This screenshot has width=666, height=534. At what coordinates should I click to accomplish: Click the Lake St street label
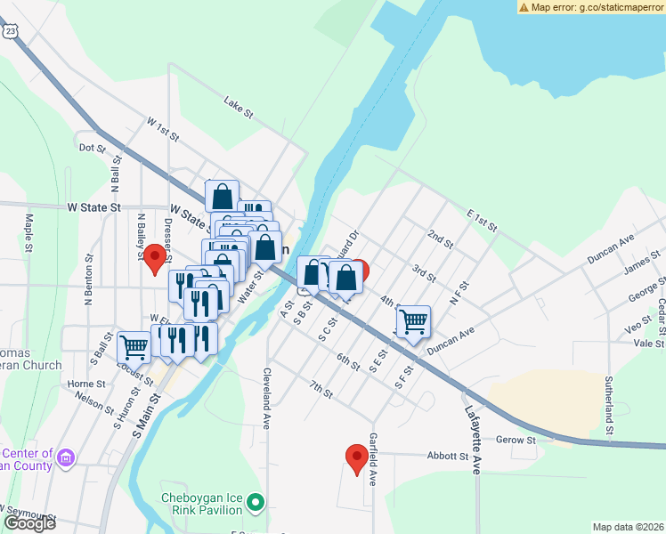(239, 109)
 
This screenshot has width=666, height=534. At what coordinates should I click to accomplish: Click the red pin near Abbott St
(357, 457)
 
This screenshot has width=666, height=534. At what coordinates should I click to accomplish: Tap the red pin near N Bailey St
(157, 257)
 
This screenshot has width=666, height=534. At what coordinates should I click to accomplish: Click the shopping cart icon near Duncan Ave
(413, 321)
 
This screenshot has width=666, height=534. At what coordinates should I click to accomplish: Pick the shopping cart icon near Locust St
(134, 346)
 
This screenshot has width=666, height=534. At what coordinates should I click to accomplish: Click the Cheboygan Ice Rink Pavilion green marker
(256, 504)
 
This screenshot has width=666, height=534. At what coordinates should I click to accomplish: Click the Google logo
(29, 523)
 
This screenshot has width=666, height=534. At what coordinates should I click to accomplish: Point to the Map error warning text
(596, 6)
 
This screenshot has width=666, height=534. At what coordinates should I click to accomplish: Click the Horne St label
(86, 384)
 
